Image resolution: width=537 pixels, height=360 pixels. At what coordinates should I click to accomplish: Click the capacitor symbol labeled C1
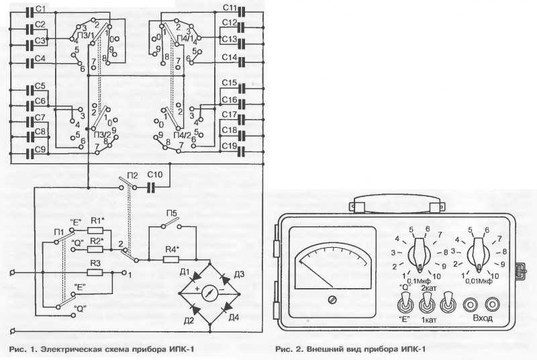tap(30, 13)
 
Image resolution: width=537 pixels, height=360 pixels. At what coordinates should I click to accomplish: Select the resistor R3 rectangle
tap(95, 273)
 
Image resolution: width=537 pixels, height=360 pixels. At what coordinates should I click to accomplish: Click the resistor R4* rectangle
tap(171, 260)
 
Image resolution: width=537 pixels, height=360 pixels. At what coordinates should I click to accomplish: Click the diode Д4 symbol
tap(226, 310)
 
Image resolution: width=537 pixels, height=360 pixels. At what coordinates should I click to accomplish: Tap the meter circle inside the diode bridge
tap(209, 294)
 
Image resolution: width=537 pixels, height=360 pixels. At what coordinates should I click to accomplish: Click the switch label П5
tap(172, 214)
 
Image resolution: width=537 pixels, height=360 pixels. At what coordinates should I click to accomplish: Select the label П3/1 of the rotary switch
tap(86, 35)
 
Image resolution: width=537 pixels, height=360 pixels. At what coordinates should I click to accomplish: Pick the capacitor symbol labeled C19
tap(242, 150)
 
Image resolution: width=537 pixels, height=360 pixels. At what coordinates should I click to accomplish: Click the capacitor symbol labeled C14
tap(242, 62)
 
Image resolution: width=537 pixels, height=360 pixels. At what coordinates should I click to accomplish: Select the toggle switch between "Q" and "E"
tap(405, 304)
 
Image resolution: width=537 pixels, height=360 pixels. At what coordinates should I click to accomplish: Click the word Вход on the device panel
tap(483, 318)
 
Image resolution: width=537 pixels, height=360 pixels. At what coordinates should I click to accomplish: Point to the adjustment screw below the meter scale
tap(332, 300)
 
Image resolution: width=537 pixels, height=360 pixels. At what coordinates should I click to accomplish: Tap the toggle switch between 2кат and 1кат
tap(427, 304)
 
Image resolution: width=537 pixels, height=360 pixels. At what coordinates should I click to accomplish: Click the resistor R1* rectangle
tap(95, 230)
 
